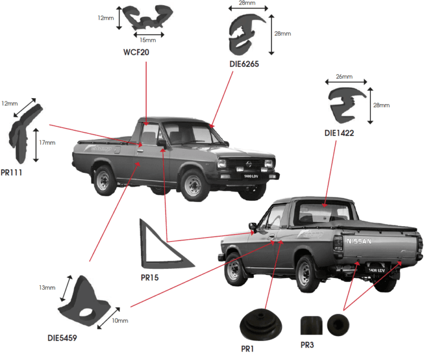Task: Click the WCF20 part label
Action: point(136,52)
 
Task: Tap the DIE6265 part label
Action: point(244,64)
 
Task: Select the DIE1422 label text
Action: point(339,133)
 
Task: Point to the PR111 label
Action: point(11,172)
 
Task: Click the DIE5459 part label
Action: point(62,338)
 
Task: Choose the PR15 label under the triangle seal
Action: point(150,277)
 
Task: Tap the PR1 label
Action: point(248,349)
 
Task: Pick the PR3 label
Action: point(307,345)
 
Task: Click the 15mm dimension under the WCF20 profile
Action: point(148,40)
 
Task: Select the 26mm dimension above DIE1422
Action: point(344,77)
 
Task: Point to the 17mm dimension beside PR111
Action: point(47,142)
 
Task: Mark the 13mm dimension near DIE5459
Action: point(47,287)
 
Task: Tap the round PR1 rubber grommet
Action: point(261,324)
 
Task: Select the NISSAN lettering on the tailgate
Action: point(359,241)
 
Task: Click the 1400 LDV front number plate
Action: point(251,176)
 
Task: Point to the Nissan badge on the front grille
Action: point(249,164)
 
